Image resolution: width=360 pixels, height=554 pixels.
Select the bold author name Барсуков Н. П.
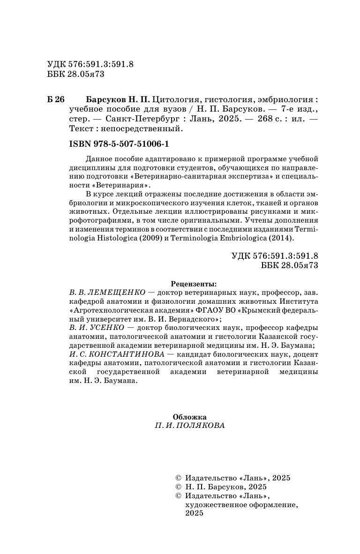118,100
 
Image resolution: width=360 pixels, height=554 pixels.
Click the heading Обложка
189,417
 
